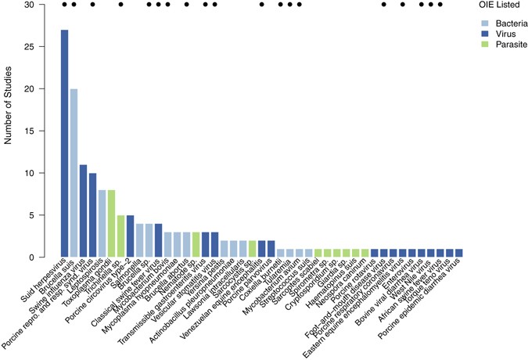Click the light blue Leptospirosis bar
click(102, 223)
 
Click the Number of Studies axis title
click(9, 131)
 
